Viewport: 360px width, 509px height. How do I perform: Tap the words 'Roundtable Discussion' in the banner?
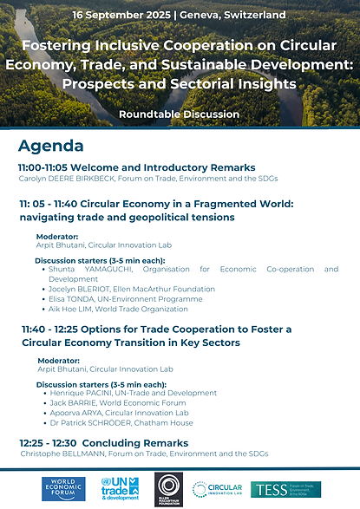[x=180, y=114]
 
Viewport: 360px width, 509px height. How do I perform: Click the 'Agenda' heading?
[x=50, y=146]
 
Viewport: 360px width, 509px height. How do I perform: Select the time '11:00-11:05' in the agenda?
[x=47, y=167]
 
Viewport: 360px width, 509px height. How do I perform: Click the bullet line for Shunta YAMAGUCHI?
[x=90, y=271]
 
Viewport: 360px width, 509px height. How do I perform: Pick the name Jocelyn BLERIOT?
[x=82, y=290]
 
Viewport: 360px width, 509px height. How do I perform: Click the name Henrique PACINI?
[x=84, y=393]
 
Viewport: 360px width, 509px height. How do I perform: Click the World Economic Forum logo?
[x=65, y=489]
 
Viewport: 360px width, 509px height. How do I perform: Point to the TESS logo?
[x=285, y=489]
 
